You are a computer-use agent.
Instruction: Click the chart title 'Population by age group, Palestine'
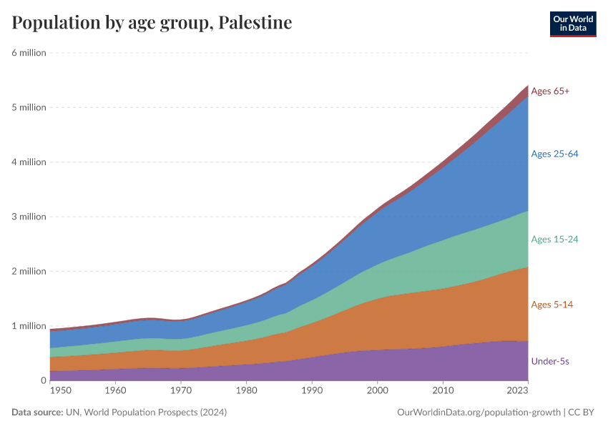tap(152, 23)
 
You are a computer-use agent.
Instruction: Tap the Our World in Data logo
tap(572, 24)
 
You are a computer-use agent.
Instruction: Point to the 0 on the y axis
tap(43, 380)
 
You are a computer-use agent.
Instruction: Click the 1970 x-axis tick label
tap(181, 391)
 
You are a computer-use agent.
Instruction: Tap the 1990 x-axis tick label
tap(312, 391)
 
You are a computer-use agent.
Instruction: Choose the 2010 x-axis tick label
tap(443, 391)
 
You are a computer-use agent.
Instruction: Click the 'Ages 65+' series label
tap(550, 92)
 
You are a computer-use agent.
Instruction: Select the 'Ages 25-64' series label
tap(554, 154)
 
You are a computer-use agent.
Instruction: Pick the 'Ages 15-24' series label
tap(554, 240)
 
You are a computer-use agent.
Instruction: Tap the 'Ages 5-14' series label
tap(551, 305)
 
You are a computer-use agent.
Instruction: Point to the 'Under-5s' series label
tap(550, 362)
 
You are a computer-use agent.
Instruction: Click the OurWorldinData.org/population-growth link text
tap(477, 413)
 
